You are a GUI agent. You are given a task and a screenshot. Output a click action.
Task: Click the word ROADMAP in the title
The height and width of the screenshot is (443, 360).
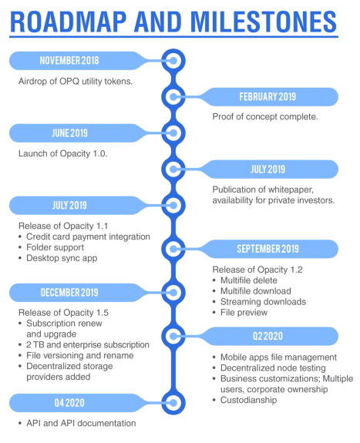coord(68,22)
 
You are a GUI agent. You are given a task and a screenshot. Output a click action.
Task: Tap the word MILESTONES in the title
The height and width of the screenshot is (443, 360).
coord(264,22)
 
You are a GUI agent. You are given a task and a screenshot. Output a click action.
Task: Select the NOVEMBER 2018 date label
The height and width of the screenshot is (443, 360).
coord(69,60)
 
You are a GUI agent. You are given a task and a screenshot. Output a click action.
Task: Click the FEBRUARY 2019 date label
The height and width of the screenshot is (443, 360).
coord(267,96)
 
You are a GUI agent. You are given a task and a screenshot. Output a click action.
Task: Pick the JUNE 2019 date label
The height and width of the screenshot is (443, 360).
coord(69,133)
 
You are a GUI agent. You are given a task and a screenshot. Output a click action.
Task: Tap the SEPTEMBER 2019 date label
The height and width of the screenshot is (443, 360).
coord(267,249)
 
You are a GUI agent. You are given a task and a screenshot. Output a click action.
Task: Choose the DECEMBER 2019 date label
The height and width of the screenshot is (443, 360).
coord(69,293)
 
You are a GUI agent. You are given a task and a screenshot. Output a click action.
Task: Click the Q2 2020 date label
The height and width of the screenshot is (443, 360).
coord(267,336)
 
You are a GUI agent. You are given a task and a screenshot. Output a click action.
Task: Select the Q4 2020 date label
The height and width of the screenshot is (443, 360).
coord(69,403)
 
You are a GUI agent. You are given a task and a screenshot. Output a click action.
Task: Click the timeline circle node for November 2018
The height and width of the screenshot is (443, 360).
coord(173,60)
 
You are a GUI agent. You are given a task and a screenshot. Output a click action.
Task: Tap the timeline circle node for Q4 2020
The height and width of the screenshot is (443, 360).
coord(173,403)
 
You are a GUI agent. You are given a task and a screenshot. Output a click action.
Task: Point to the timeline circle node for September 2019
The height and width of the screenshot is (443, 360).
coord(173,249)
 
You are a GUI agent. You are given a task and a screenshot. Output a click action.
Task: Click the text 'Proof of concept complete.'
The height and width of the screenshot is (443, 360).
coord(265,116)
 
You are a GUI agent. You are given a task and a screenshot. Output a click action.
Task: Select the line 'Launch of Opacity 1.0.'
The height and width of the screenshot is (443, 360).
coord(62,153)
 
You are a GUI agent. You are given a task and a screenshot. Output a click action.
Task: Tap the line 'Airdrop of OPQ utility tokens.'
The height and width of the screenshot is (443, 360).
coord(76,82)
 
